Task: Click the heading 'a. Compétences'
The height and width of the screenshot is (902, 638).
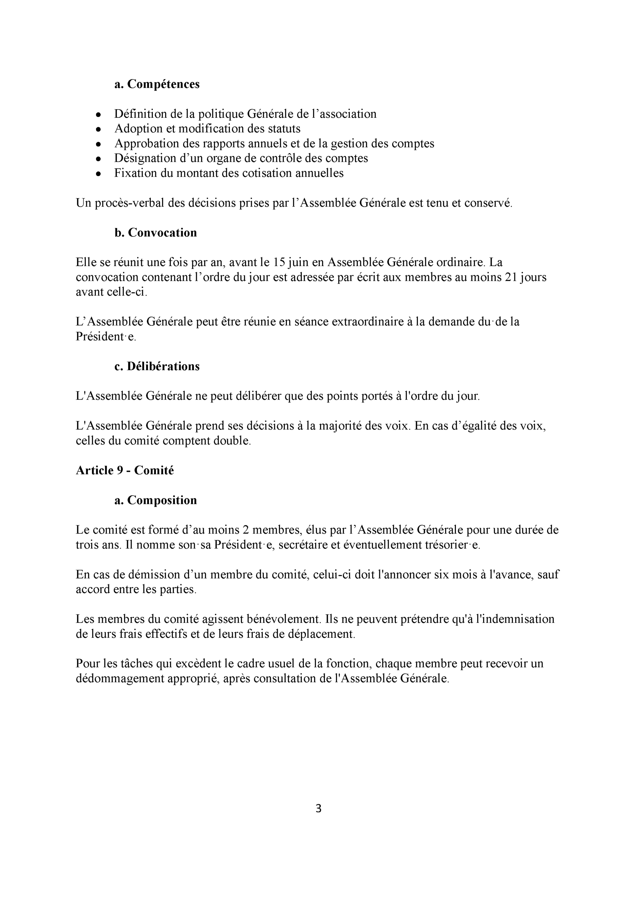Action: click(157, 84)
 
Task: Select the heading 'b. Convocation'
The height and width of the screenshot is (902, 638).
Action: click(156, 233)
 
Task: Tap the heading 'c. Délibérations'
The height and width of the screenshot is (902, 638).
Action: click(157, 366)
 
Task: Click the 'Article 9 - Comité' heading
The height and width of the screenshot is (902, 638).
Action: click(125, 470)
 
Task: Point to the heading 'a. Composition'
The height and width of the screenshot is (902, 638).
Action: click(156, 500)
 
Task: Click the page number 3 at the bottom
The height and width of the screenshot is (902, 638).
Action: click(319, 809)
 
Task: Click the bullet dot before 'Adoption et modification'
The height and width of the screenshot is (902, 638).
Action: click(99, 129)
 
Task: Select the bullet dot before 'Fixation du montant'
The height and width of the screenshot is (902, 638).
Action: click(99, 174)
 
